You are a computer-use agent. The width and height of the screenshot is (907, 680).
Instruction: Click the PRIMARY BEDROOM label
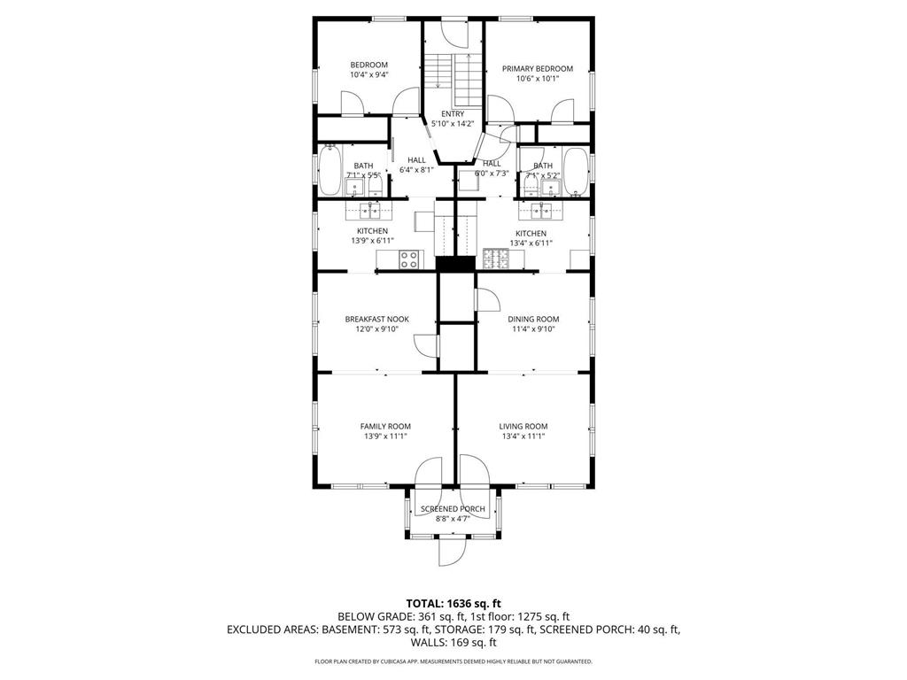537,69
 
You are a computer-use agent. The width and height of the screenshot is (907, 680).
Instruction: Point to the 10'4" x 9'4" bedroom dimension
368,75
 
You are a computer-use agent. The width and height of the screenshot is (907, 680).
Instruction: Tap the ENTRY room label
453,114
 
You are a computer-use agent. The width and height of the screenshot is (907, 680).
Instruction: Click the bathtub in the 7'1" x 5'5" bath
332,172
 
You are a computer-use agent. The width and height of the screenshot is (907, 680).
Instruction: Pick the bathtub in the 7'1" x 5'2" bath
575,172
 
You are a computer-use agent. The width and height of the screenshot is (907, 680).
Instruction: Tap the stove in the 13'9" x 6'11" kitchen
409,259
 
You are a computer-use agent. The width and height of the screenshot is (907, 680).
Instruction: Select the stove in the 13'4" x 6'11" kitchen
497,259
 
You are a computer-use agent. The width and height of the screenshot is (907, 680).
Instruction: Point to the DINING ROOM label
533,319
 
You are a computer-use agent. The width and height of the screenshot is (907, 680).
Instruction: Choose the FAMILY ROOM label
385,426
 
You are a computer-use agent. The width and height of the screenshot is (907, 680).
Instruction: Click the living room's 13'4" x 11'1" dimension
523,436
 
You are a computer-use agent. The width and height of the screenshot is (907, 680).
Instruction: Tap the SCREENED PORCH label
453,508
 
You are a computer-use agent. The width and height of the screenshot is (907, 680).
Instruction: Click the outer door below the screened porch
453,550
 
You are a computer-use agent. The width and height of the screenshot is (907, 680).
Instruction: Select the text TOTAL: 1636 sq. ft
453,603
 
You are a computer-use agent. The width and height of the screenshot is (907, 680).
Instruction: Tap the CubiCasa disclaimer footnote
453,661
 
